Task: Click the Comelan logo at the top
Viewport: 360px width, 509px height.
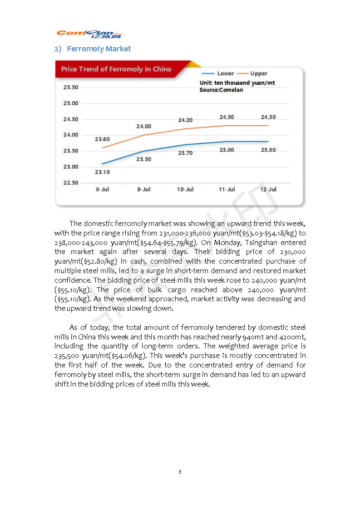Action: pos(89,34)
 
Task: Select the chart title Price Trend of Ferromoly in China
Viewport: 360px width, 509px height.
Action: pos(116,69)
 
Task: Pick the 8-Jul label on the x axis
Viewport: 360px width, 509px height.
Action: pos(102,189)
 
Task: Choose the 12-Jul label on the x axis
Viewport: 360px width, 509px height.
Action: pos(268,189)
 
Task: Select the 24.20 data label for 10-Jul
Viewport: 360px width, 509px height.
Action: pos(185,120)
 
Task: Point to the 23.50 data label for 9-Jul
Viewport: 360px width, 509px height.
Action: pos(143,159)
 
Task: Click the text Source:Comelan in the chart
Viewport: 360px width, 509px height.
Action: pos(221,90)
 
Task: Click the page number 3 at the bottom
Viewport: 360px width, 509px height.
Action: pos(180,472)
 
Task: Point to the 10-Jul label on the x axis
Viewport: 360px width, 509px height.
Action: pos(185,189)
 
